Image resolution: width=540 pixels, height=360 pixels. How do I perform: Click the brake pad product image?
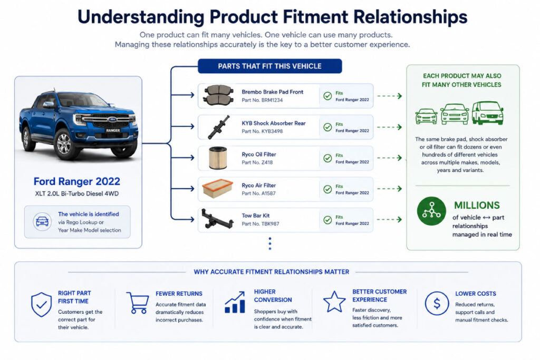(x=218, y=95)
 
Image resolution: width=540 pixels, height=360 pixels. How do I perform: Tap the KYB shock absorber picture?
(x=219, y=127)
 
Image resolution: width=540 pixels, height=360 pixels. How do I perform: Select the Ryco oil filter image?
(x=218, y=158)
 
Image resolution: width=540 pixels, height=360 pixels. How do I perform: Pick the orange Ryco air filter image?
(x=217, y=188)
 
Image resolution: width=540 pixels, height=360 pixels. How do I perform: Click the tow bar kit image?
(x=217, y=219)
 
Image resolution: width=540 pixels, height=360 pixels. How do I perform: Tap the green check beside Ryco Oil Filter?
(x=327, y=158)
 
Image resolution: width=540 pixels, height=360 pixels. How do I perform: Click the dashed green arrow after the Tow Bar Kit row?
(x=390, y=219)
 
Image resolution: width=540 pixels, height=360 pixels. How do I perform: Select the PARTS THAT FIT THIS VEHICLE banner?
(x=269, y=66)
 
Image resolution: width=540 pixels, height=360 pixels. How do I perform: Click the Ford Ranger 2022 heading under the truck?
(x=77, y=181)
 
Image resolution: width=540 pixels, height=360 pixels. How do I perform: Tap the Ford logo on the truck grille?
(x=112, y=119)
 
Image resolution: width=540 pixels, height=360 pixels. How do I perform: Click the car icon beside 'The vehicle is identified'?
(x=42, y=221)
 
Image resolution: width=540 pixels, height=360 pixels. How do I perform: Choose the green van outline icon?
(x=487, y=113)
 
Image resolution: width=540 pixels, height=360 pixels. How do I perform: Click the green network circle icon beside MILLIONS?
(x=431, y=211)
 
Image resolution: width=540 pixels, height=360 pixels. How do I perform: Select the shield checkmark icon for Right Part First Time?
(x=41, y=304)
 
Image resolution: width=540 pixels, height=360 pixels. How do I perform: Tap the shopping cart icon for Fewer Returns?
(x=138, y=303)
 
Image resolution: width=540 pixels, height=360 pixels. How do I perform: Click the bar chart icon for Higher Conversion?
(x=235, y=302)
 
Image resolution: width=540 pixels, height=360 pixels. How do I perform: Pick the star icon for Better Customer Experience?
(x=334, y=301)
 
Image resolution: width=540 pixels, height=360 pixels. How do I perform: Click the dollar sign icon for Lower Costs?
(x=437, y=304)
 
